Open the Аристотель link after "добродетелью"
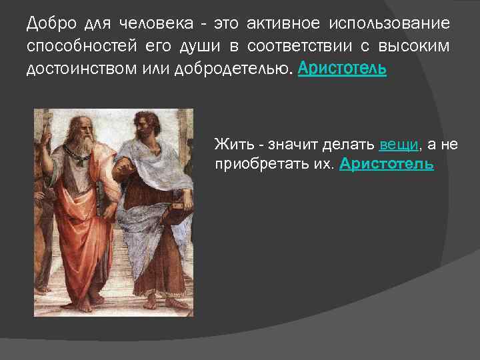coord(342,69)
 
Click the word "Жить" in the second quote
coord(229,144)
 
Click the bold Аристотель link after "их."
coord(387,164)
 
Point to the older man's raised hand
coord(47,131)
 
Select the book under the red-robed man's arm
coord(101,200)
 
